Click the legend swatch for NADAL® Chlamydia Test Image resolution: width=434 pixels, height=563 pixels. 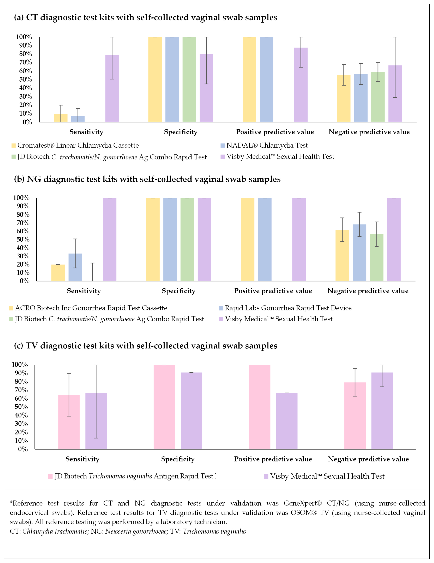pyautogui.click(x=223, y=146)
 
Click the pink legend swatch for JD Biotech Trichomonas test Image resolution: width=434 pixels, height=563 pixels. pyautogui.click(x=50, y=476)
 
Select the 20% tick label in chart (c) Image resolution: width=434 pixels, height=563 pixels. pyautogui.click(x=21, y=432)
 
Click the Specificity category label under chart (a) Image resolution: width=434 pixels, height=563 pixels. pyautogui.click(x=181, y=132)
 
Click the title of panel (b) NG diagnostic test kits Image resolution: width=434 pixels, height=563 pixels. pyautogui.click(x=147, y=179)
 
